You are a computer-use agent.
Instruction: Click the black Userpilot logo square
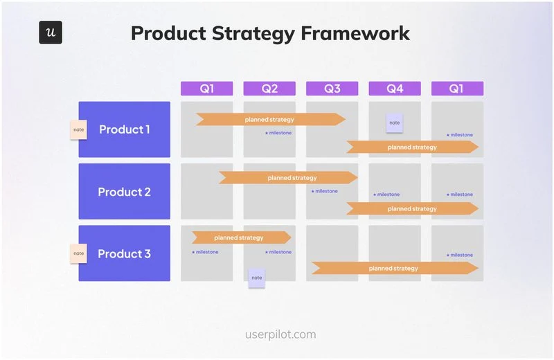point(51,33)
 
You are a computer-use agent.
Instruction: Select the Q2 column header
point(269,89)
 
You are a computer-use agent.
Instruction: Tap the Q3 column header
point(332,89)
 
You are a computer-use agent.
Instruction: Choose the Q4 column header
point(394,89)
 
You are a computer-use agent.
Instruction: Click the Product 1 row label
point(125,129)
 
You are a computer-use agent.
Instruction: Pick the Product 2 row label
point(125,192)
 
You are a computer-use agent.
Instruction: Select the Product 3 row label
point(125,253)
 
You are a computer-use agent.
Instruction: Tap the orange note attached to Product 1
point(78,129)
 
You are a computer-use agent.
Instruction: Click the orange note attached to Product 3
point(78,253)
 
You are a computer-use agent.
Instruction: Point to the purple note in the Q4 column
point(394,123)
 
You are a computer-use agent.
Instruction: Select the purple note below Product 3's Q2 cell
point(256,278)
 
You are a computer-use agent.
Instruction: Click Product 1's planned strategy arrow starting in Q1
point(270,119)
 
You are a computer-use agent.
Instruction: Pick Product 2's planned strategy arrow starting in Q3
point(412,208)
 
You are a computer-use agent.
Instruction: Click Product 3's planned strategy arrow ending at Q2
point(240,237)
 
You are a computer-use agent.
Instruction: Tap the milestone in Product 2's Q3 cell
point(325,191)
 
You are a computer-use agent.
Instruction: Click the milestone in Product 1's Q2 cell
point(278,133)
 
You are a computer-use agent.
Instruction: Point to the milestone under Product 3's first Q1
point(205,252)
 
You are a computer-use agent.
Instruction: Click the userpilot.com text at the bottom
point(280,334)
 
